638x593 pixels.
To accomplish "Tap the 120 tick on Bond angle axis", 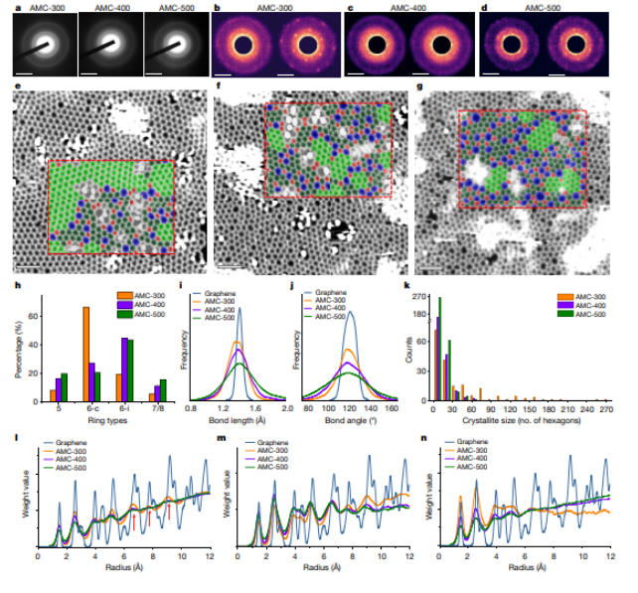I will coord(349,410).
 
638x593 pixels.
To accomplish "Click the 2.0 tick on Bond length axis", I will coord(285,410).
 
